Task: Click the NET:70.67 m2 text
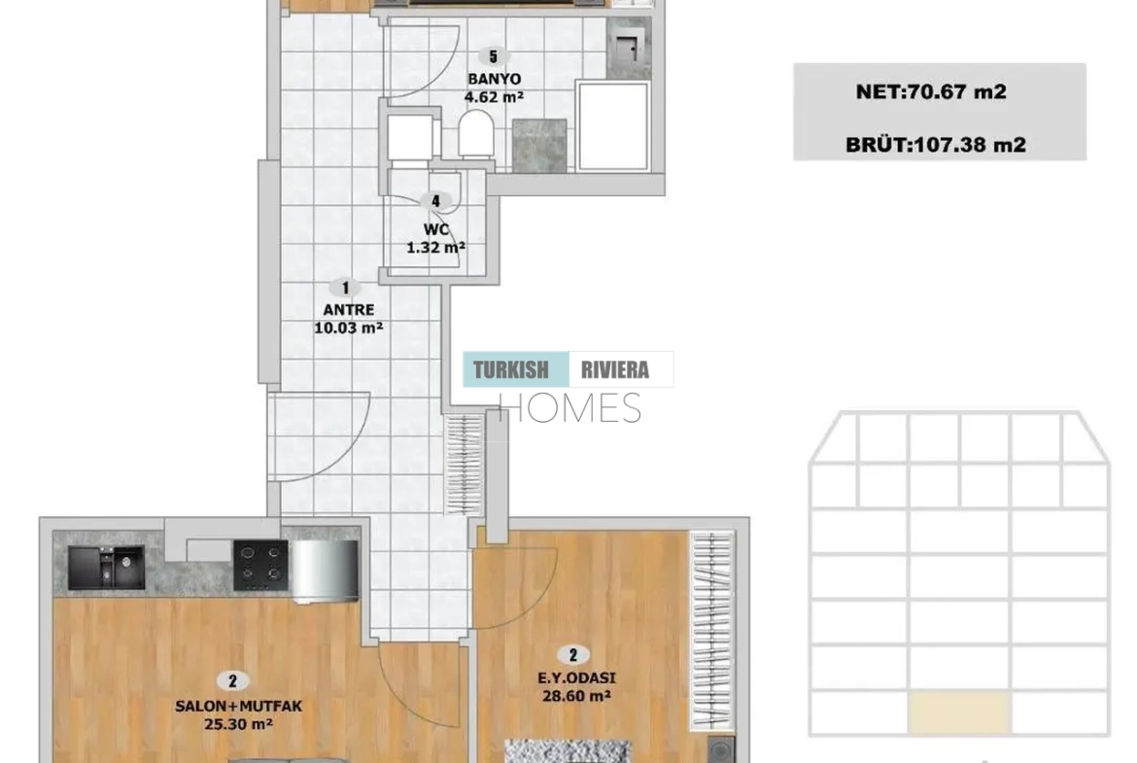pyautogui.click(x=931, y=91)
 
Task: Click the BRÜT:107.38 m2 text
pyautogui.click(x=936, y=144)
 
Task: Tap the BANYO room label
pyautogui.click(x=494, y=79)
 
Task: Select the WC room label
pyautogui.click(x=435, y=229)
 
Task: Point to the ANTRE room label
pyautogui.click(x=349, y=309)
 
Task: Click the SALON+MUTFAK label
pyautogui.click(x=238, y=706)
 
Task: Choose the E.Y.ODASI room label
pyautogui.click(x=576, y=678)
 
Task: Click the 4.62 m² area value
pyautogui.click(x=494, y=96)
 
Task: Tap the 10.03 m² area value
pyautogui.click(x=349, y=328)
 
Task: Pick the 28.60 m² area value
pyautogui.click(x=576, y=696)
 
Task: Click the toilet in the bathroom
pyautogui.click(x=476, y=134)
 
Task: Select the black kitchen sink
pyautogui.click(x=106, y=568)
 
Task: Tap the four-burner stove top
pyautogui.click(x=261, y=566)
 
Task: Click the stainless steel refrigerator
pyautogui.click(x=325, y=571)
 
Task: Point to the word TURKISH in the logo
pyautogui.click(x=511, y=370)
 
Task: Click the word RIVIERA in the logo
pyautogui.click(x=615, y=370)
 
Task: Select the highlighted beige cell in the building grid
pyautogui.click(x=958, y=713)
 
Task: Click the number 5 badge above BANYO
pyautogui.click(x=494, y=56)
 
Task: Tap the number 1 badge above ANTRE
pyautogui.click(x=346, y=288)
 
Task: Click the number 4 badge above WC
pyautogui.click(x=435, y=201)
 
